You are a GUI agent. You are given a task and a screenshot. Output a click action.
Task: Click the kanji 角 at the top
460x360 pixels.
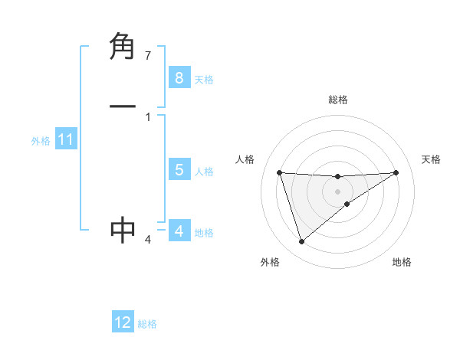[123, 47]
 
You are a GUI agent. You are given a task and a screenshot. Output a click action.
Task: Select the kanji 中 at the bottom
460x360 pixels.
[123, 230]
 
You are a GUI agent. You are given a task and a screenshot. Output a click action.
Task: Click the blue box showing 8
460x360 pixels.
[179, 77]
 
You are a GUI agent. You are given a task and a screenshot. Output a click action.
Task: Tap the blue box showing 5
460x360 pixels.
[179, 170]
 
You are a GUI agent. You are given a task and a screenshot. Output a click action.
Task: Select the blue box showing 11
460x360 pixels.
[65, 139]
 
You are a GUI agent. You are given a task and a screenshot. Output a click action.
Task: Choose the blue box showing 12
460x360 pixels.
[123, 322]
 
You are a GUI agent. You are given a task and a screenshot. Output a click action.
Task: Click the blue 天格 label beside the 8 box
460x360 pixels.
[204, 79]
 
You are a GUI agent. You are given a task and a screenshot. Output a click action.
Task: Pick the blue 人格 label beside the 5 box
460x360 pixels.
[204, 172]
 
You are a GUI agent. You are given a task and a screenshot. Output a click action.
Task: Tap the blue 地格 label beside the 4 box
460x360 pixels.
[204, 233]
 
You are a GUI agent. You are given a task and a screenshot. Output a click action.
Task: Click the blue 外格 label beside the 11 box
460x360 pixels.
[41, 141]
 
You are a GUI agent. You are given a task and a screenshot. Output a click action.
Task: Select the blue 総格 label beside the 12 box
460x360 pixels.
[147, 324]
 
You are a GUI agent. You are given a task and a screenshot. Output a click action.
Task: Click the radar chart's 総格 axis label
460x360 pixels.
[337, 100]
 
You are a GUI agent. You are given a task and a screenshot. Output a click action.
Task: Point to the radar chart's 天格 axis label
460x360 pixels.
[432, 159]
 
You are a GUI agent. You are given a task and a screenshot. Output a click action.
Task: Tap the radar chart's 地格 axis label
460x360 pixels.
[402, 262]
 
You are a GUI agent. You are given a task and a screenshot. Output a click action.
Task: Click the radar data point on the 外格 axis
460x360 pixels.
[301, 242]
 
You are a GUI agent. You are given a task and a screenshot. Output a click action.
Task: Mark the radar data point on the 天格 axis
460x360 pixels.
[396, 172]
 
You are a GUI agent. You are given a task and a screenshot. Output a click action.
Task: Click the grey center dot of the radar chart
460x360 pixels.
[337, 191]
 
